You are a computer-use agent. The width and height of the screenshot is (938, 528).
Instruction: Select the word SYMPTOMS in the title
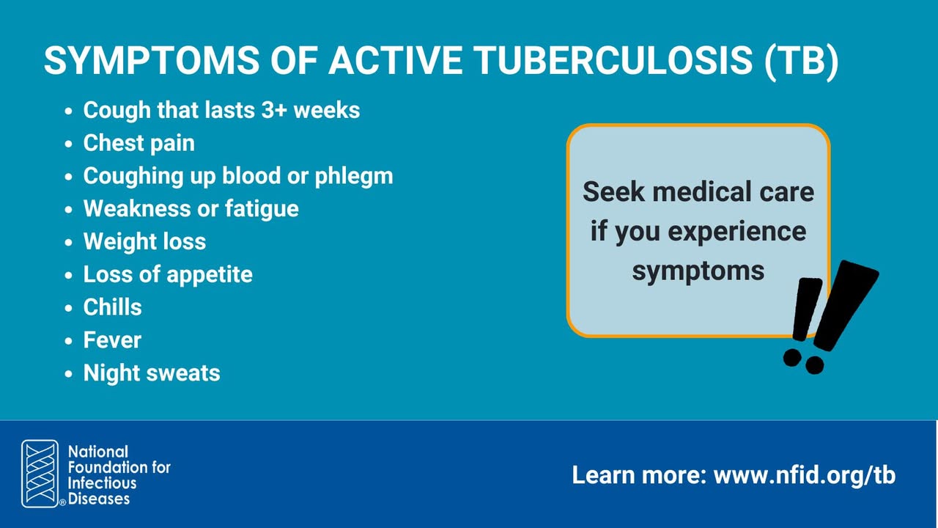(152, 60)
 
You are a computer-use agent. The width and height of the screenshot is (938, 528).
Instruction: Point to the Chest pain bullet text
(139, 143)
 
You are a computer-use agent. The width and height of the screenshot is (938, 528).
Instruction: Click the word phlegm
(354, 177)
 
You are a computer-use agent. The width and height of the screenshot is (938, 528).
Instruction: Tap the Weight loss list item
(144, 241)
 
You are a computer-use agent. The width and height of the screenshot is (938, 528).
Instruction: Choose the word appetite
(210, 275)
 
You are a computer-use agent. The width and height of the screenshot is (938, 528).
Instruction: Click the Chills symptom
(113, 307)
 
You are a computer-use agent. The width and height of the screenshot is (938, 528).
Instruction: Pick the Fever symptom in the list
(112, 340)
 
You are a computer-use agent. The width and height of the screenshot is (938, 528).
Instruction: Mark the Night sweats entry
(152, 373)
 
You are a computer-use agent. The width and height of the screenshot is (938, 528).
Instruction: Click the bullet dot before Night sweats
(69, 374)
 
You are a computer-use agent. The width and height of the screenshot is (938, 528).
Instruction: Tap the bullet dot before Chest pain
(69, 144)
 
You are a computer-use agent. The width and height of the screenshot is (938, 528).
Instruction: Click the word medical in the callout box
(698, 192)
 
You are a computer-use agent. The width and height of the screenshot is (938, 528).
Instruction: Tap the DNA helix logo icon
(40, 474)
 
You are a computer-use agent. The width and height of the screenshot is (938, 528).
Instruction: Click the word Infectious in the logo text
(102, 483)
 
